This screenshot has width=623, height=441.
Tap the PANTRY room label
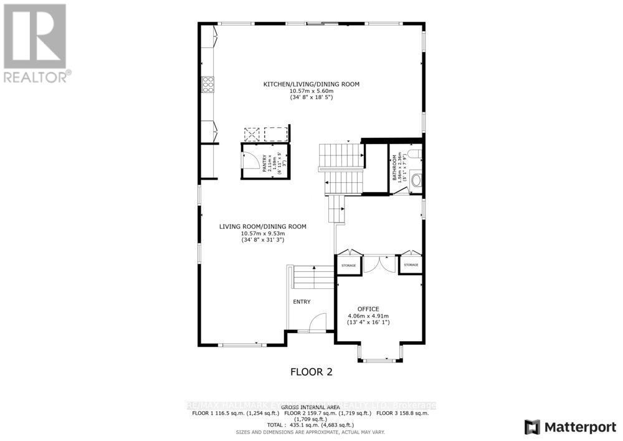264,163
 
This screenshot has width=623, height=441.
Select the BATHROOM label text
394,168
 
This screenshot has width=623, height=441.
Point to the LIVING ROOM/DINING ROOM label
262,226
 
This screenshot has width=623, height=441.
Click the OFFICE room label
368,309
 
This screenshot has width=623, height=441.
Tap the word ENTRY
302,302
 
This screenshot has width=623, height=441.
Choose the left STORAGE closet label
348,266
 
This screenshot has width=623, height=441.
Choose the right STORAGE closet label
411,266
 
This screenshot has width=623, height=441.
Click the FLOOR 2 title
311,372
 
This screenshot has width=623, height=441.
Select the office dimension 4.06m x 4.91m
368,316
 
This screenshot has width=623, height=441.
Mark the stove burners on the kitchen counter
207,84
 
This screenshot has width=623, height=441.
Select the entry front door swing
317,322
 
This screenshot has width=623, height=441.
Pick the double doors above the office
379,263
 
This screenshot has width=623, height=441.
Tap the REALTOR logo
36,44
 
